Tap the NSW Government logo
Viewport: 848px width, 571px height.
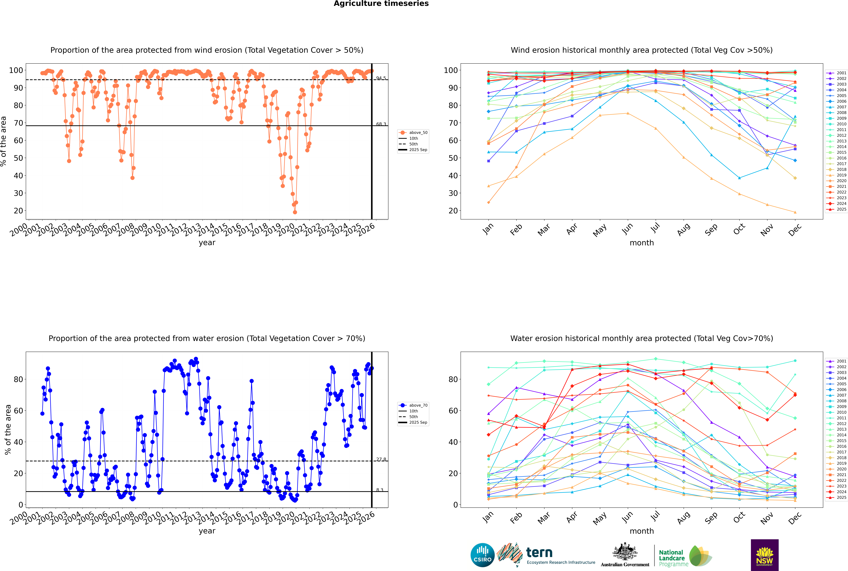[x=764, y=555]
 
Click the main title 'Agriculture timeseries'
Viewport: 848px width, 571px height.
[x=381, y=4]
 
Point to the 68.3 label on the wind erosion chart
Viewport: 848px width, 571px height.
[x=381, y=124]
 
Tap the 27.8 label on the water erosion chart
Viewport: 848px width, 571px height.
[x=381, y=460]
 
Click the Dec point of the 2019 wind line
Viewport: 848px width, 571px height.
[x=795, y=212]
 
